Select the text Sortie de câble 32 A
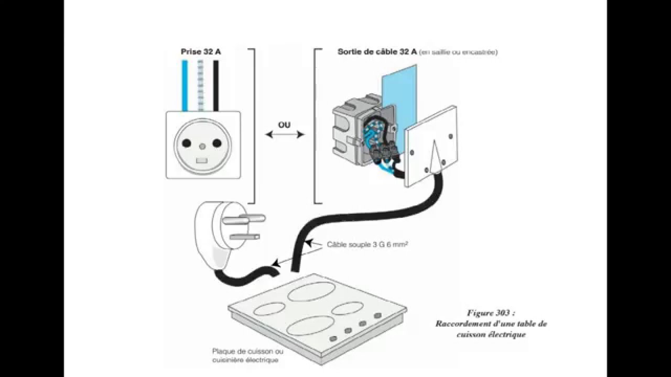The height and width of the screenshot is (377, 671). tap(377, 52)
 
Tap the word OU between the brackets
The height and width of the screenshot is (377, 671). tap(285, 126)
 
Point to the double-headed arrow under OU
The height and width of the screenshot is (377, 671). tap(285, 135)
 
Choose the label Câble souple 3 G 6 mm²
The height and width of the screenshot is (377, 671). tap(367, 244)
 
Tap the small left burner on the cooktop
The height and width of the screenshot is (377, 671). tap(269, 309)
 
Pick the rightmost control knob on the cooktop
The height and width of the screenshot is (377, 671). tap(377, 316)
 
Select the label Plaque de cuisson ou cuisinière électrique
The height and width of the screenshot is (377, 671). tap(247, 356)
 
